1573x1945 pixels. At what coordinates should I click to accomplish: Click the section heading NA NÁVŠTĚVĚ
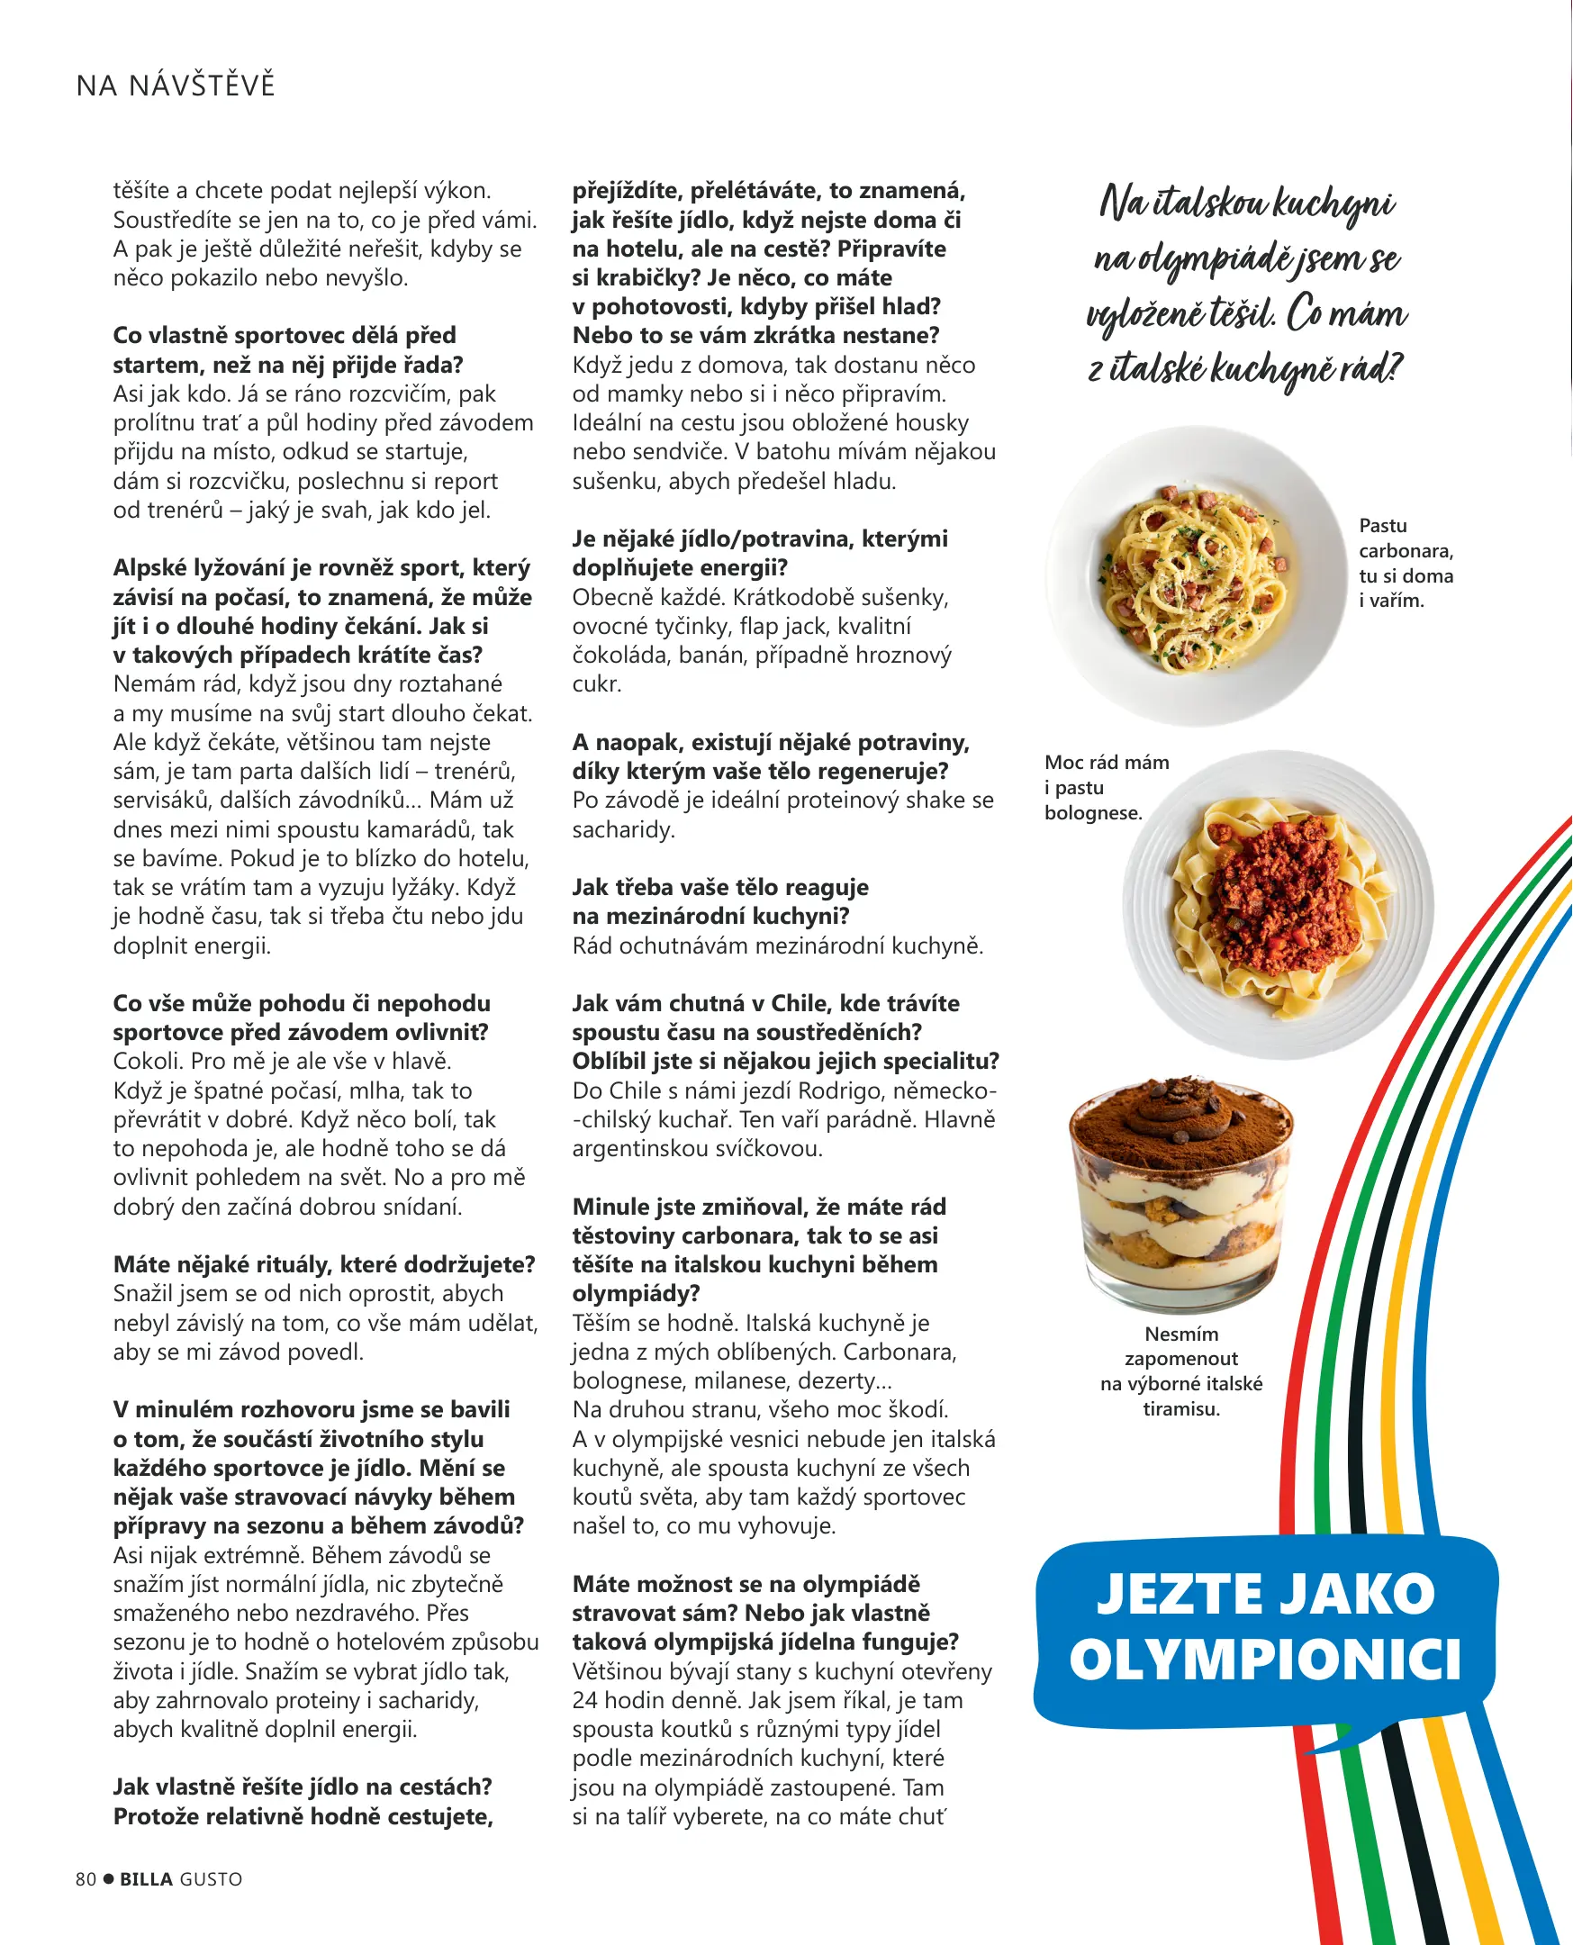tap(176, 86)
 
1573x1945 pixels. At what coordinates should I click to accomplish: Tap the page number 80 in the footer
tap(86, 1879)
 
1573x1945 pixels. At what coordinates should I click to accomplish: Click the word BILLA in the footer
tap(147, 1879)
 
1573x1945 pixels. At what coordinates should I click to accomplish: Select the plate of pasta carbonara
tap(1196, 575)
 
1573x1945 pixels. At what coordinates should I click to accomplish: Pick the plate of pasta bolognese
tap(1278, 904)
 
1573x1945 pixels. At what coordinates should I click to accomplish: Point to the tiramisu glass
tap(1181, 1194)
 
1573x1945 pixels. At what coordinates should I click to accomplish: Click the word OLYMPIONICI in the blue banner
tap(1265, 1660)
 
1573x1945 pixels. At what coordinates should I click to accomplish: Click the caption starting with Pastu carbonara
tap(1406, 563)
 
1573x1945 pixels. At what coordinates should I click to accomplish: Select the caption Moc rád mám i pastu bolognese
tap(1106, 787)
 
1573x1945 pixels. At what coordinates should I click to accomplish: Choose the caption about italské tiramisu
tap(1180, 1371)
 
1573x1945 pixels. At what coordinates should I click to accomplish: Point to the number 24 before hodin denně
tap(585, 1700)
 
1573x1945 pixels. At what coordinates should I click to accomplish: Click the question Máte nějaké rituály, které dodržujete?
tap(324, 1263)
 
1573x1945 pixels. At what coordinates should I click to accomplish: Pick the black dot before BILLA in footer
tap(109, 1879)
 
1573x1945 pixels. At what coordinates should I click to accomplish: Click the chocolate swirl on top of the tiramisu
tap(1182, 1102)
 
